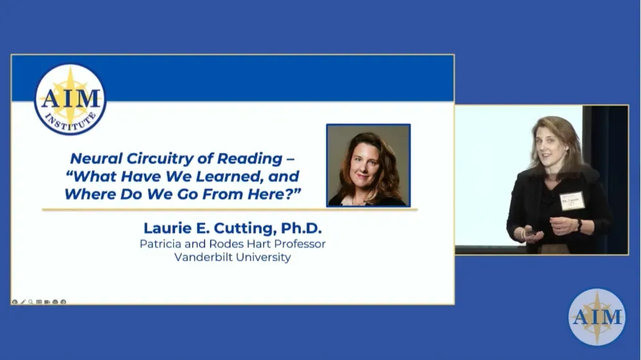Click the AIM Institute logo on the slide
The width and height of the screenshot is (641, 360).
[x=70, y=99]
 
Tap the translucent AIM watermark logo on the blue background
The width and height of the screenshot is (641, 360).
[x=597, y=316]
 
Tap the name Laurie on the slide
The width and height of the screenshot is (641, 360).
[x=167, y=227]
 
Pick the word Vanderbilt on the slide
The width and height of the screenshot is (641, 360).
[x=204, y=258]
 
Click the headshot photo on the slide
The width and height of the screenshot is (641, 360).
[x=368, y=165]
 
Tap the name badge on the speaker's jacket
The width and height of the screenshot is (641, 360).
[x=572, y=200]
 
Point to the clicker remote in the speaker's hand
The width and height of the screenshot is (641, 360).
[x=529, y=233]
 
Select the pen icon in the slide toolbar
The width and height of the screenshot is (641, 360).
[x=23, y=302]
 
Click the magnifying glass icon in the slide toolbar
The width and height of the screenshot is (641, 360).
[x=31, y=302]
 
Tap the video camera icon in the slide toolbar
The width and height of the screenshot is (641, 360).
[x=47, y=302]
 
